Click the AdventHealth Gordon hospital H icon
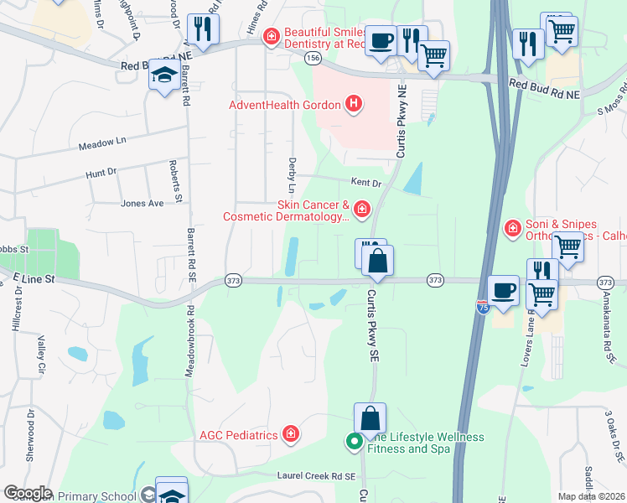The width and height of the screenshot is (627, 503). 355,105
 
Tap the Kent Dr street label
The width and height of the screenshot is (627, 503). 365,182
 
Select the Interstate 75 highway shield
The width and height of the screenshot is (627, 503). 482,307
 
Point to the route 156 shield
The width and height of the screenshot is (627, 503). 313,58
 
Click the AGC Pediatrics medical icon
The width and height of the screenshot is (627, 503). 290,434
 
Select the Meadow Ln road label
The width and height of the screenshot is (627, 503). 101,143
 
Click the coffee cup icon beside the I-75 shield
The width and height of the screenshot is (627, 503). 502,290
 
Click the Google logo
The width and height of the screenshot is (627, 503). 27,493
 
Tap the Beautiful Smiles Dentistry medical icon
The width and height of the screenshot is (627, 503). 271,37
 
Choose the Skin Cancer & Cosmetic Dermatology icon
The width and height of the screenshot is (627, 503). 361,209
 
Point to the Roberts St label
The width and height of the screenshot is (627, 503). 177,181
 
